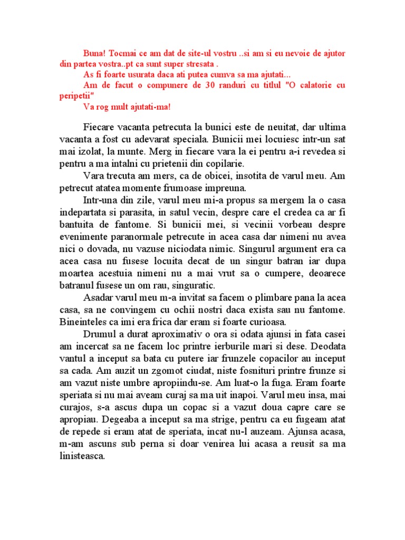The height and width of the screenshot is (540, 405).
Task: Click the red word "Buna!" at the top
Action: pyautogui.click(x=95, y=54)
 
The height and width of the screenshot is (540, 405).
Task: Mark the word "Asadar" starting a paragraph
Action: pyautogui.click(x=98, y=296)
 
